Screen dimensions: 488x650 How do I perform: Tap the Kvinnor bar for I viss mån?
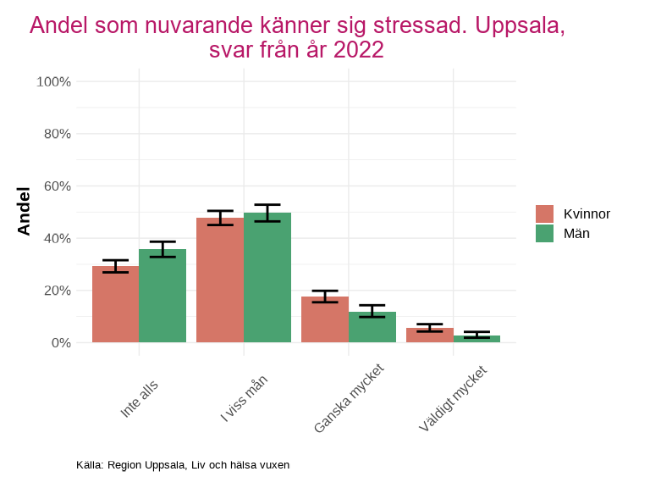click(220, 280)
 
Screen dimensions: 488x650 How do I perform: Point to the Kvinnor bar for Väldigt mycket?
click(430, 335)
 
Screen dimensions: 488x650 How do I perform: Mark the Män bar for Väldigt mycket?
click(476, 339)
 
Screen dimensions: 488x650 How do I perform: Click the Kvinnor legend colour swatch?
click(544, 213)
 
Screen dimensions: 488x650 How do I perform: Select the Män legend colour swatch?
click(544, 233)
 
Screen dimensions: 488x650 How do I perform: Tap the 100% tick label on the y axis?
click(53, 82)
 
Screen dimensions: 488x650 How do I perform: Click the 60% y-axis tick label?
click(57, 186)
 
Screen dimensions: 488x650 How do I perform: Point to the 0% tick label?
click(60, 343)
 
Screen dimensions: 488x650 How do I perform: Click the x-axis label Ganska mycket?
click(349, 399)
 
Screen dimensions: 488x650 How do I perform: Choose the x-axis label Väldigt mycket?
click(453, 400)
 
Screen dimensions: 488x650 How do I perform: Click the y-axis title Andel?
click(24, 212)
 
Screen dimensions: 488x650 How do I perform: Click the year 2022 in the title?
click(359, 51)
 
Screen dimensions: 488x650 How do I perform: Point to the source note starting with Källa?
click(183, 465)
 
